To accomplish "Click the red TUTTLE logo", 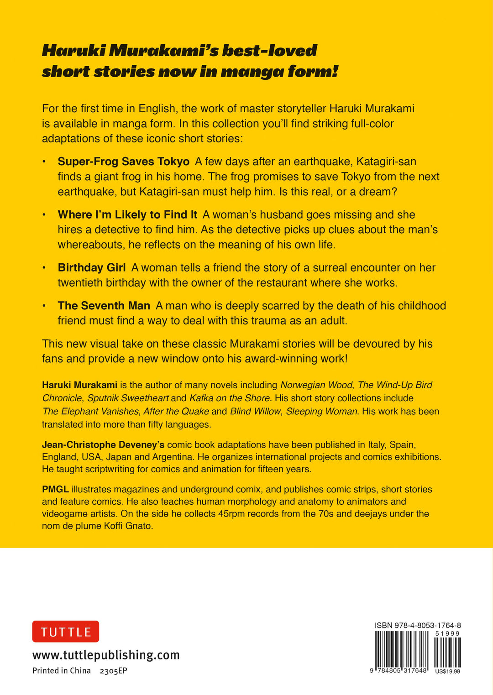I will pos(66,632).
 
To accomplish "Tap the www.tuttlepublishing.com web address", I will pos(106,655).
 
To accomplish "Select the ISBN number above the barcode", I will pos(418,625).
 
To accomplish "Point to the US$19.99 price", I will pos(447,671).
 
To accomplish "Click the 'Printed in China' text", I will pos(62,670).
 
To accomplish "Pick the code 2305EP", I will pos(113,670).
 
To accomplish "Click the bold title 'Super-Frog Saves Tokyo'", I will pos(123,162).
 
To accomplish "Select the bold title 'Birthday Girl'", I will pos(91,267).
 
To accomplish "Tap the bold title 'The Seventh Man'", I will pos(104,305).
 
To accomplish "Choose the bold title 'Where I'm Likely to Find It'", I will pos(127,214).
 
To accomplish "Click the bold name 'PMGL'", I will pos(55,489).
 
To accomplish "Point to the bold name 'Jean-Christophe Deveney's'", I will pos(103,444).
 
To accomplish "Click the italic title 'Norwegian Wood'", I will pos(316,385).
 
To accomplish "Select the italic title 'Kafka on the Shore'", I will pos(229,398).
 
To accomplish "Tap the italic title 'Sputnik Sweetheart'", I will pos(128,398).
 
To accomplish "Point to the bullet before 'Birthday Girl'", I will pos(44,268).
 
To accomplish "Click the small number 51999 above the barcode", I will pos(447,633).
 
